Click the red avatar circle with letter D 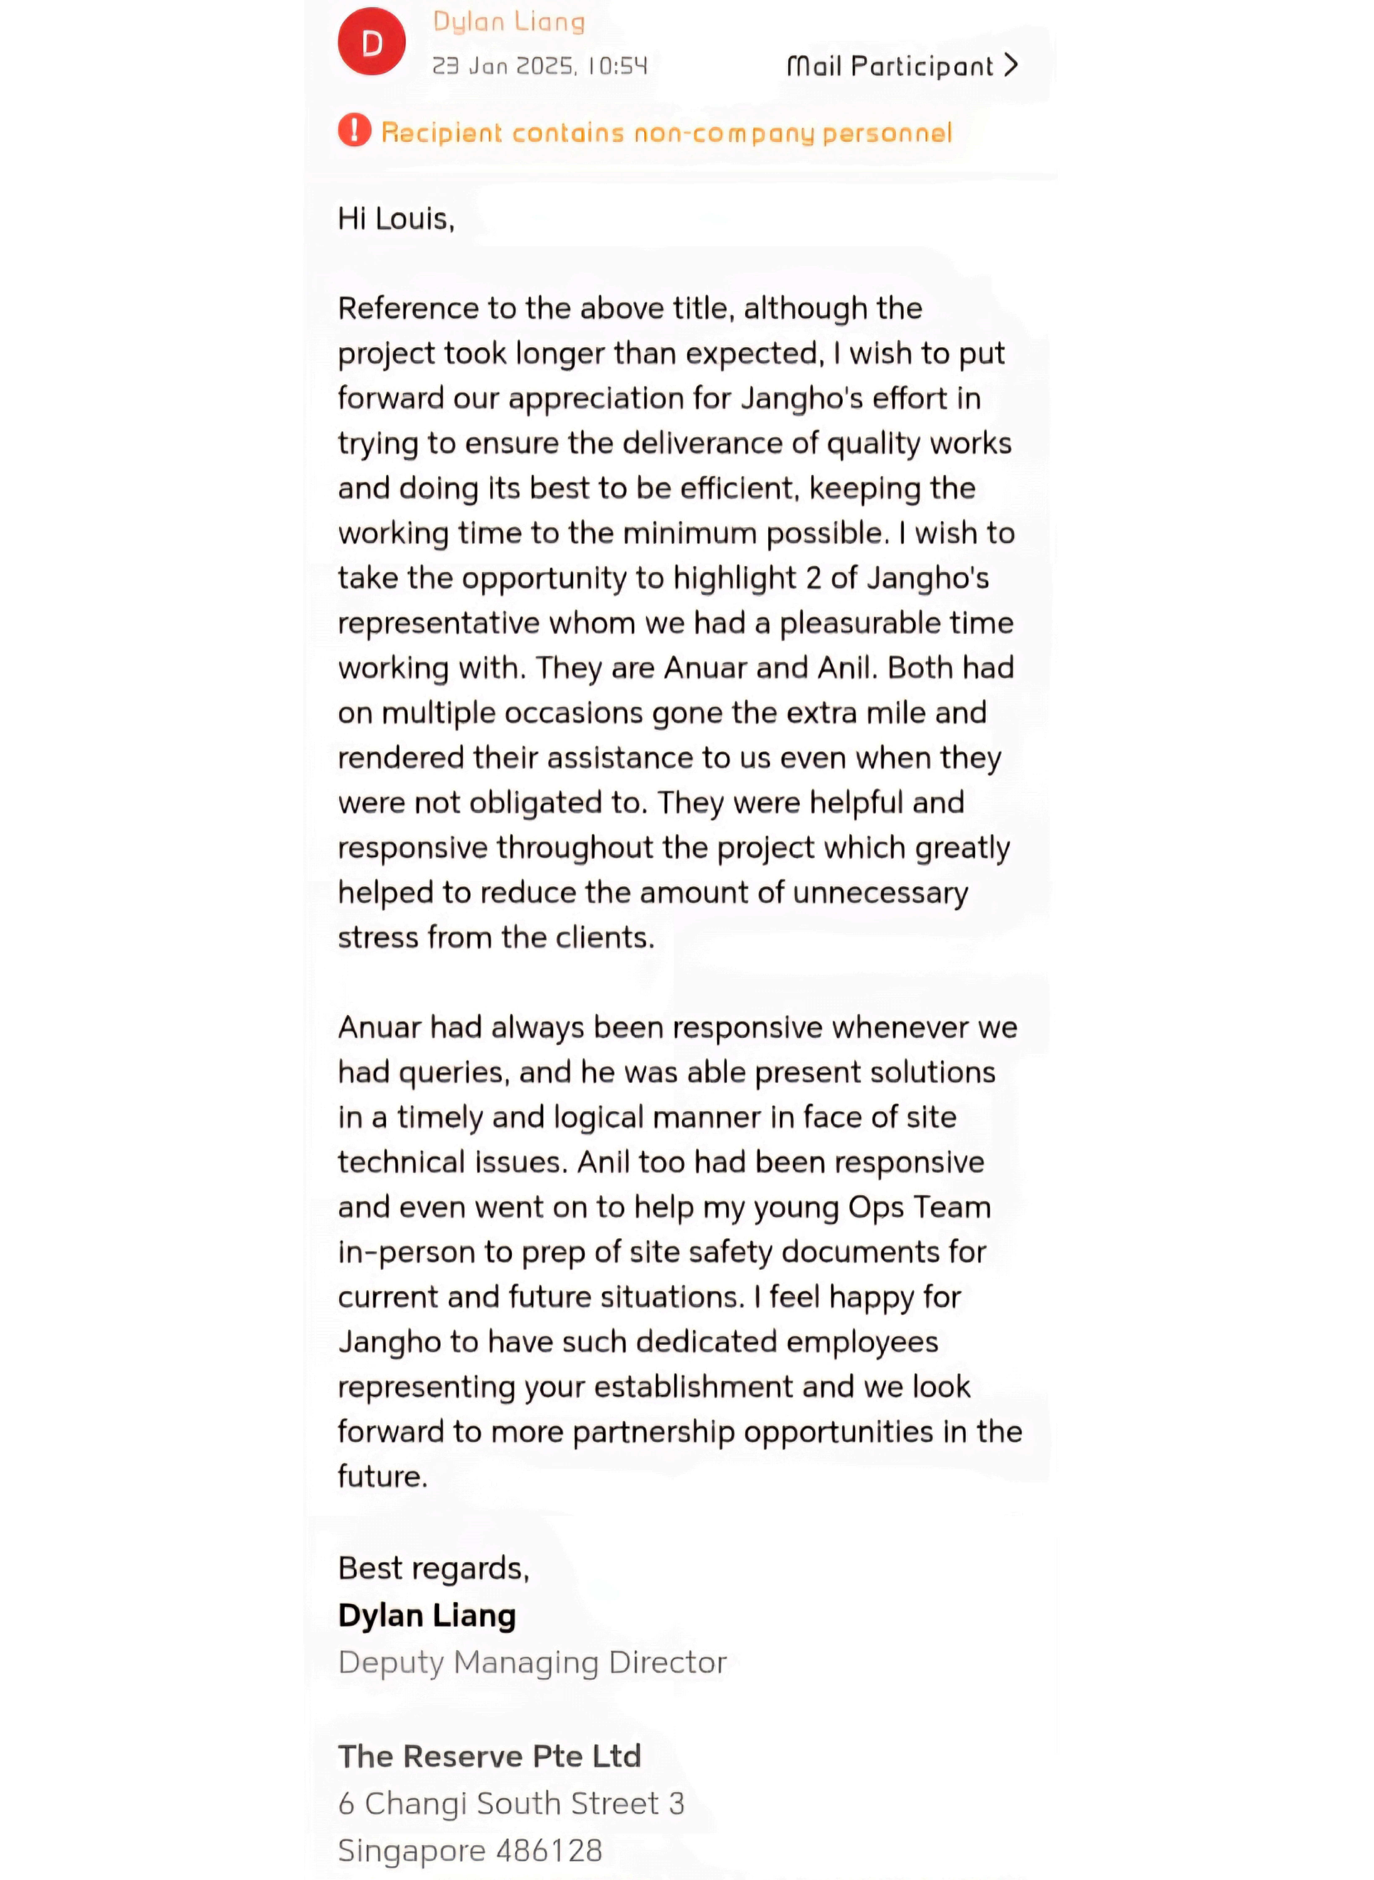pos(372,42)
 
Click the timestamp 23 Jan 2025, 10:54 pos(539,66)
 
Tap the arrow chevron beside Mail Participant pos(1011,65)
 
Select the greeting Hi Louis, pos(396,219)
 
